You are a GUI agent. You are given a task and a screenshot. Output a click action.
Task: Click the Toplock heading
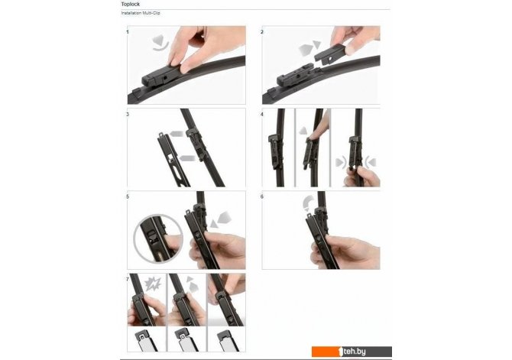pyautogui.click(x=130, y=5)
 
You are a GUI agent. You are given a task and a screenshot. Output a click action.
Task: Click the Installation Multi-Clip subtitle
pyautogui.click(x=141, y=13)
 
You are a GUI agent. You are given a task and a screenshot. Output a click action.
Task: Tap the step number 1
pyautogui.click(x=128, y=32)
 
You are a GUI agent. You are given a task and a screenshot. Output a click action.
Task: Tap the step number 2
pyautogui.click(x=262, y=32)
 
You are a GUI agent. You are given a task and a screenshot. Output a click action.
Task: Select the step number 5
pyautogui.click(x=128, y=196)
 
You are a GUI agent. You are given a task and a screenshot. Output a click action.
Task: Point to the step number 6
pyautogui.click(x=262, y=196)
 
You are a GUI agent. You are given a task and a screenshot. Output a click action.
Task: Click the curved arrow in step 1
pyautogui.click(x=160, y=44)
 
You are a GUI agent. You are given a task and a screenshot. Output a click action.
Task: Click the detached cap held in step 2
pyautogui.click(x=330, y=54)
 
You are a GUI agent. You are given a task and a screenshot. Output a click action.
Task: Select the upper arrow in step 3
pyautogui.click(x=177, y=133)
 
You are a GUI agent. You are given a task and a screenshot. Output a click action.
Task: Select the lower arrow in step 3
pyautogui.click(x=188, y=158)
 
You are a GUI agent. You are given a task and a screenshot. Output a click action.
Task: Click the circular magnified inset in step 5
pyautogui.click(x=158, y=238)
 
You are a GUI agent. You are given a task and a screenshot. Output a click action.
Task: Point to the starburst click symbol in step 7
pyautogui.click(x=153, y=284)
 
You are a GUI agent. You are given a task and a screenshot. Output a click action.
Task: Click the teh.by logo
pyautogui.click(x=352, y=352)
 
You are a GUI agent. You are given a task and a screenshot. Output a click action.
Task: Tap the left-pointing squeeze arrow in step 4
pyautogui.click(x=371, y=162)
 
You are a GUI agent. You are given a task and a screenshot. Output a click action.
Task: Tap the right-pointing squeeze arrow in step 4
pyautogui.click(x=342, y=162)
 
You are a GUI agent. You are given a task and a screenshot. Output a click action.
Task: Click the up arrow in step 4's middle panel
pyautogui.click(x=303, y=131)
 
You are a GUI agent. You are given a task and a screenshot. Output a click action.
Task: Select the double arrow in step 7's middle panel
pyautogui.click(x=192, y=284)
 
